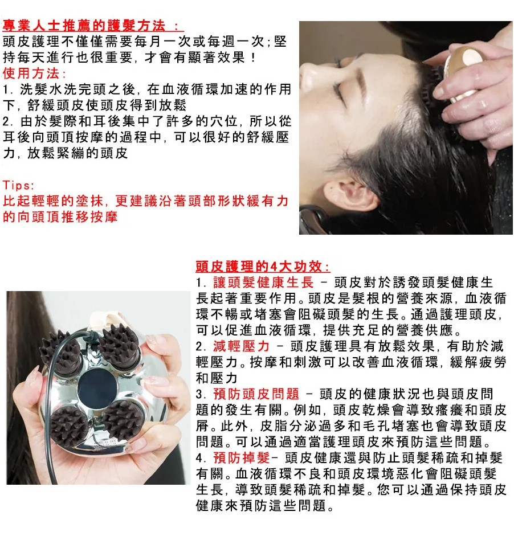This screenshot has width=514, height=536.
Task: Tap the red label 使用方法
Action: click(x=34, y=73)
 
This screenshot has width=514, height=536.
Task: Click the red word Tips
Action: click(x=19, y=186)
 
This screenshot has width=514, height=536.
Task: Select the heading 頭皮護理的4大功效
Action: click(x=263, y=267)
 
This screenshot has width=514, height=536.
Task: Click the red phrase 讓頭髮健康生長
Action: click(x=263, y=283)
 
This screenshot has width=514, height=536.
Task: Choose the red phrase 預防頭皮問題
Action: click(x=255, y=394)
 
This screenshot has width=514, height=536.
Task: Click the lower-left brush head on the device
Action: click(x=69, y=424)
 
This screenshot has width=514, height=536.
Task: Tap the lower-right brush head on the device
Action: click(x=123, y=419)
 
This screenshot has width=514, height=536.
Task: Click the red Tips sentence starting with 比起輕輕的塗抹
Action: click(x=145, y=209)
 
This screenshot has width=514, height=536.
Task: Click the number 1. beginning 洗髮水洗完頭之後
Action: click(x=8, y=89)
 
